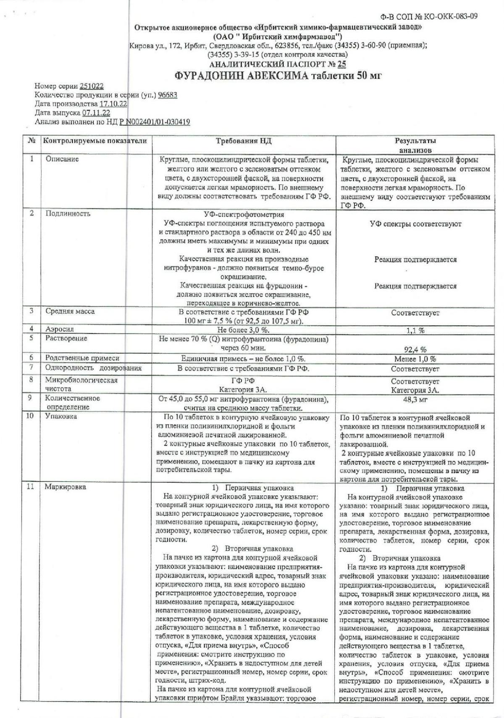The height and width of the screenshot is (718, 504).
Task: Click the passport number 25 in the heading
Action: click(x=341, y=64)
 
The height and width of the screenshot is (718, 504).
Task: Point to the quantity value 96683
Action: click(x=167, y=95)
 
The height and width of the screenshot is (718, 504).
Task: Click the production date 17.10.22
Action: click(x=113, y=104)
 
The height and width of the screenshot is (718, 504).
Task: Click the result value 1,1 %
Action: click(x=415, y=330)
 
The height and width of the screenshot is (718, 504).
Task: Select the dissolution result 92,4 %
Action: click(x=415, y=349)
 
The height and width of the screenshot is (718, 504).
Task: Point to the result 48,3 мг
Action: click(x=415, y=400)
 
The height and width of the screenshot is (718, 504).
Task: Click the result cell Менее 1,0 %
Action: click(x=415, y=359)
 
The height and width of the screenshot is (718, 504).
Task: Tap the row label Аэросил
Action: click(x=60, y=329)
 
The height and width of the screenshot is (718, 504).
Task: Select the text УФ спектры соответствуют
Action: click(x=415, y=224)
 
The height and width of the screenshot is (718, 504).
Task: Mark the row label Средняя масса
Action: click(x=70, y=312)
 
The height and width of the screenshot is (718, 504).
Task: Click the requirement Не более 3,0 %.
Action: click(x=244, y=330)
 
